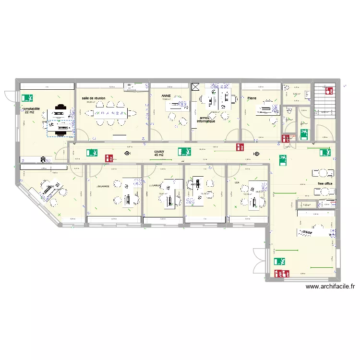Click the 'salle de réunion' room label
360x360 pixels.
(94, 98)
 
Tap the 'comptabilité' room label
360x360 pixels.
(31, 109)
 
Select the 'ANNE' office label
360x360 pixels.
(167, 96)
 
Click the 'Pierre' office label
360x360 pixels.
(252, 98)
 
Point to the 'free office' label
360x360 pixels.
(325, 183)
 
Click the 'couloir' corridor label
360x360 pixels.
(159, 151)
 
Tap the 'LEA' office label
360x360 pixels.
(236, 183)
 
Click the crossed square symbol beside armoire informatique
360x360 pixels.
(195, 87)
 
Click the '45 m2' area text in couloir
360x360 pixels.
(159, 156)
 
